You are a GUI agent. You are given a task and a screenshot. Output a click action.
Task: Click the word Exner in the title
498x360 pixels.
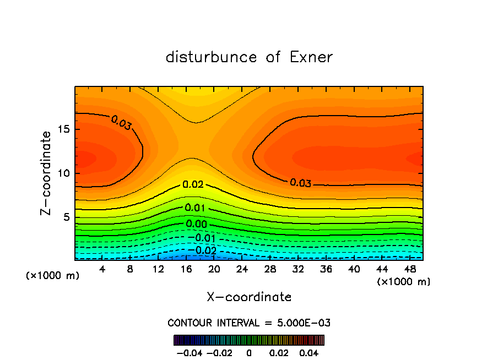[x=311, y=57]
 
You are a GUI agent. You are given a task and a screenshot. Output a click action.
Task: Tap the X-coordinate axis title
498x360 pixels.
[x=249, y=297]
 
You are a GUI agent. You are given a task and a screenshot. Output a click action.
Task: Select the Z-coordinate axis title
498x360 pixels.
[x=47, y=173]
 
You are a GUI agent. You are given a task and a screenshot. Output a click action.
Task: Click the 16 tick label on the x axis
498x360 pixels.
[x=186, y=269]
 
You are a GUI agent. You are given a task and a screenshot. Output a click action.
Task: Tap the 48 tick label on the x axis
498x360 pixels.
[x=409, y=269]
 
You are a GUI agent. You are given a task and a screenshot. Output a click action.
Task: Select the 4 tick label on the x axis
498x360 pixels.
[x=102, y=269]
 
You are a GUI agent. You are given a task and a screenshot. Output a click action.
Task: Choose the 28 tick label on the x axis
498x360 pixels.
[x=270, y=269]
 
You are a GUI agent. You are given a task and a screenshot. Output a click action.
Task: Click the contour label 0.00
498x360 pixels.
[x=197, y=224]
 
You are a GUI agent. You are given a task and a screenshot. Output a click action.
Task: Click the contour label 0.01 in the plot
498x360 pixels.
[x=196, y=208]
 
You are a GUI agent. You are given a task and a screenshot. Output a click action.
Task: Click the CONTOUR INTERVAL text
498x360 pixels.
[x=249, y=323]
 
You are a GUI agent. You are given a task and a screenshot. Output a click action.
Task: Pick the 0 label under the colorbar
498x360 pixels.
[x=249, y=352]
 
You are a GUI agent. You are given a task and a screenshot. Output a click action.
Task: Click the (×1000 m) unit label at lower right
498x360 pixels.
[x=404, y=281]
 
